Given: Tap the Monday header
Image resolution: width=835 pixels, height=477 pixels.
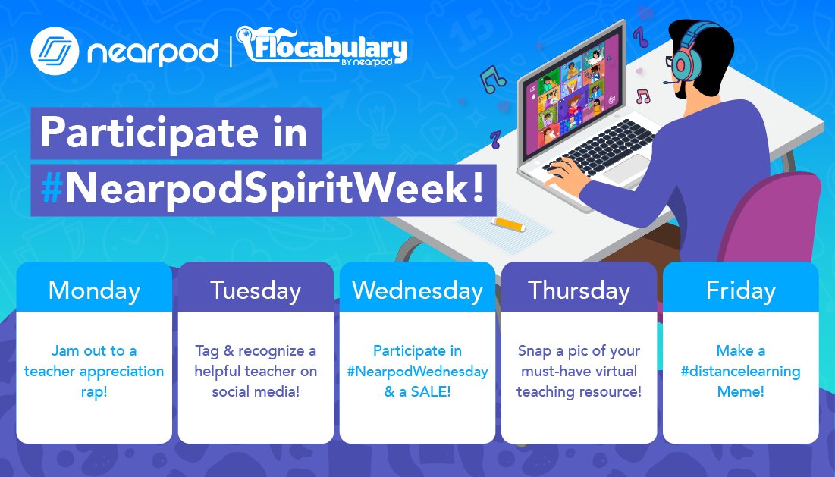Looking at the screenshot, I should coord(94,290).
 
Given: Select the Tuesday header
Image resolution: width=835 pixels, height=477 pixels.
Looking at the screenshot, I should coord(256,290).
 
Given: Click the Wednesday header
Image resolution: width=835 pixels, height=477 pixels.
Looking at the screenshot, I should coord(417,290).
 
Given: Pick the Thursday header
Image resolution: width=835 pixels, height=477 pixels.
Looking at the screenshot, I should coord(579,290).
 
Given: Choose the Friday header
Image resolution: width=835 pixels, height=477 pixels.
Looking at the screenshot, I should coord(740,290).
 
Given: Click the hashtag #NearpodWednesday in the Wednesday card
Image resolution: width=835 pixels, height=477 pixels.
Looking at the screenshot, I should coord(417,372).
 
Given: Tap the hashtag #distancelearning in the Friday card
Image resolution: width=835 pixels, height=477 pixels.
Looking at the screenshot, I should coord(740,372).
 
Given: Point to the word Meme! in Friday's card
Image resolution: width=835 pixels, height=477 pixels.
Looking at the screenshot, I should coord(740,392).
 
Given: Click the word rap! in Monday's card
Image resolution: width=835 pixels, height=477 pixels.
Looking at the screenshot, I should coord(94,392).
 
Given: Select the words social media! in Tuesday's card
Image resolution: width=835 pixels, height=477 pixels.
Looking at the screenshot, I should coord(256,392).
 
